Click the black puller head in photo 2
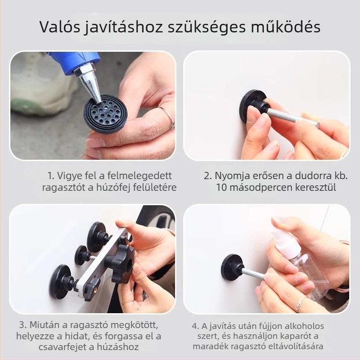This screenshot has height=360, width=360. tap(252, 106)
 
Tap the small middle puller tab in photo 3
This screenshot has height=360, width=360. tap(82, 255)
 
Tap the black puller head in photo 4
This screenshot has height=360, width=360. tap(232, 267)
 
